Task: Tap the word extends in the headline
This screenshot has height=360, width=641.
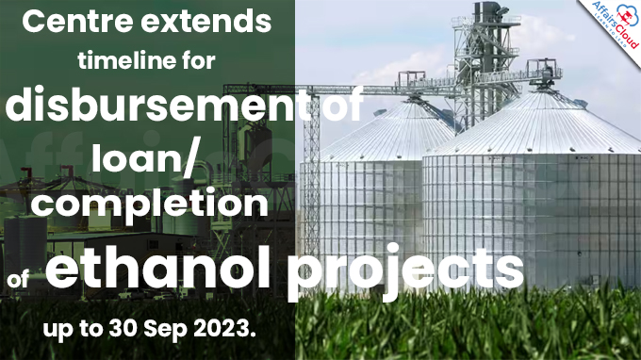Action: point(216,23)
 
